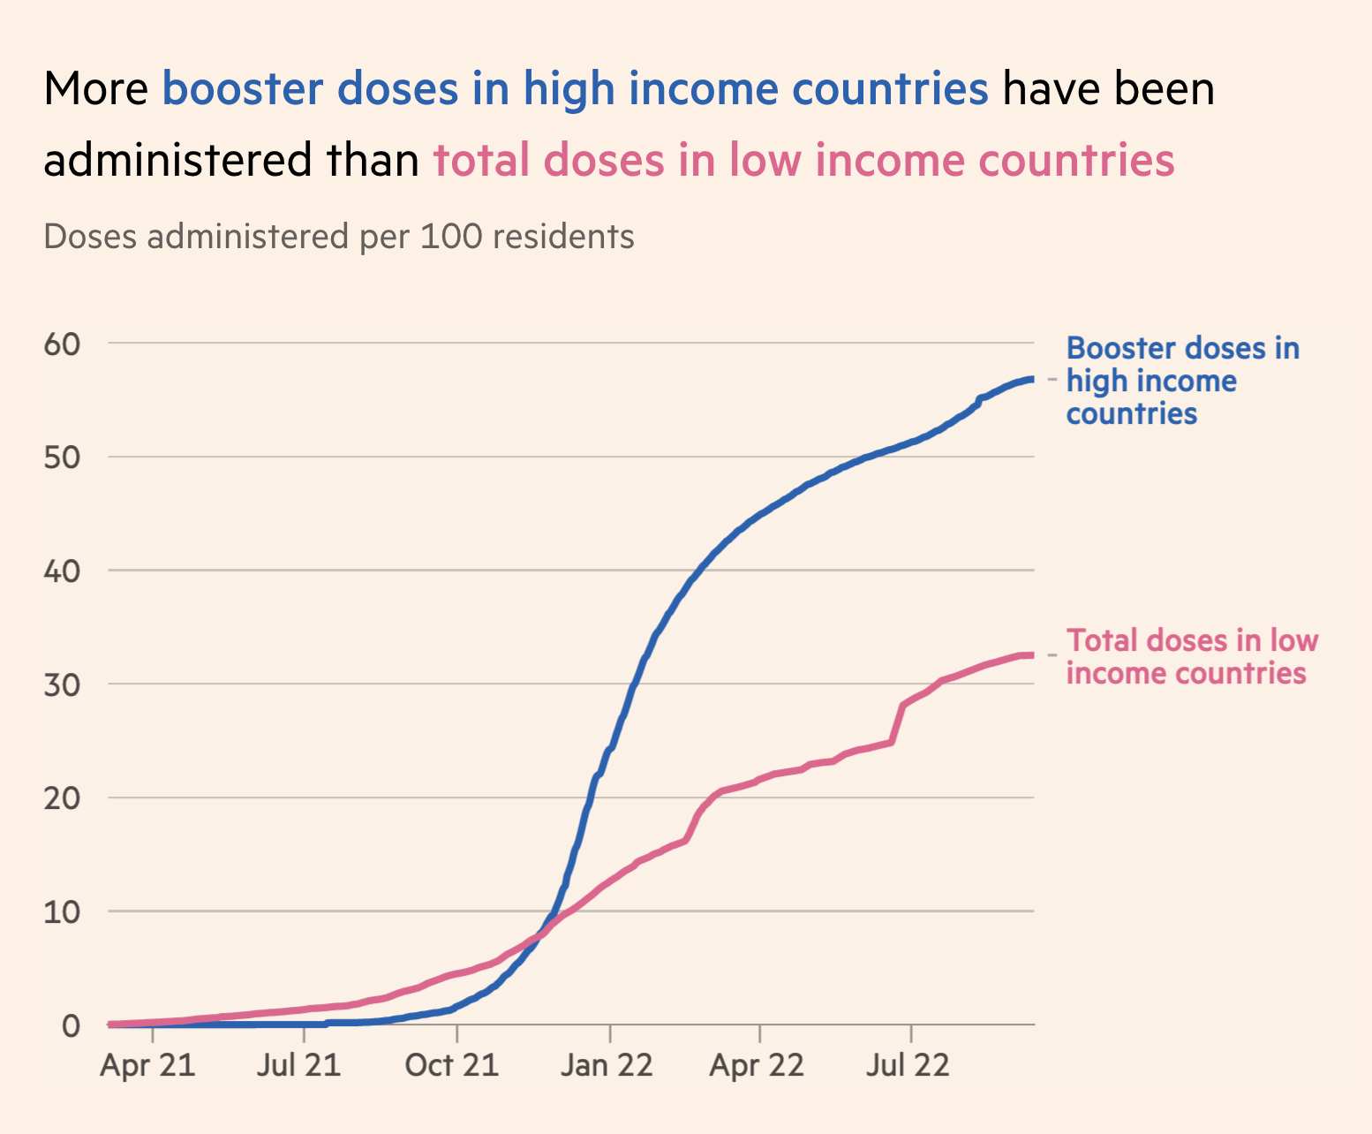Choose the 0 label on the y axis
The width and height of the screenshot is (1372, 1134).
71,1025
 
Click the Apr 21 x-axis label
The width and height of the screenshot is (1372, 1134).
147,1065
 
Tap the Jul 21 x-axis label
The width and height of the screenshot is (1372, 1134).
298,1065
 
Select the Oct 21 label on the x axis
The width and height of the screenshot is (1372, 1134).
451,1065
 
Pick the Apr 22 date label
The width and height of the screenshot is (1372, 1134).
757,1065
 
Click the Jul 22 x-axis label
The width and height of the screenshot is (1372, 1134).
908,1065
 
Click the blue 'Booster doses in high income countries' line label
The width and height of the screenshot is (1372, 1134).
1181,381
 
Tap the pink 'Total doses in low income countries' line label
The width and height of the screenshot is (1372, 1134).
1192,656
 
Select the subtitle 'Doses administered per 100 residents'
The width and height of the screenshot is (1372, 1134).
338,237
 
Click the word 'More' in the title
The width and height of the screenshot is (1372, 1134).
96,88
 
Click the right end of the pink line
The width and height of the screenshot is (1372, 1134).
1031,654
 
